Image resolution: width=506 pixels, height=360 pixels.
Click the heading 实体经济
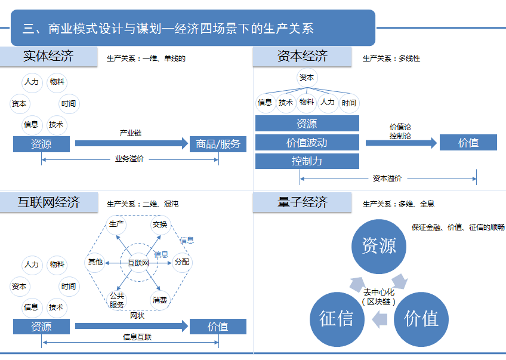tap(48, 57)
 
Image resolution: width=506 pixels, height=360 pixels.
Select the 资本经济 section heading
tap(303, 57)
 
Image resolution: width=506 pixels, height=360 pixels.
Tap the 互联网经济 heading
tap(48, 202)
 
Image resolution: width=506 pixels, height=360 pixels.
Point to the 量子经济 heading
tap(303, 202)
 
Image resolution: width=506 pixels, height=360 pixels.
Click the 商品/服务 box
tap(218, 144)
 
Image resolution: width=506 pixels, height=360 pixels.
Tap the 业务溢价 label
tap(129, 159)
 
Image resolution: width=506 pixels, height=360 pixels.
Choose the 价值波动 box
tap(307, 143)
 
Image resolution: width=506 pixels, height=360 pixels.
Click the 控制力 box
tap(307, 161)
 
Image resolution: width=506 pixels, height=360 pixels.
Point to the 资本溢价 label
tap(387, 178)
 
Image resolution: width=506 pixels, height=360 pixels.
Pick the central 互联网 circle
tap(138, 262)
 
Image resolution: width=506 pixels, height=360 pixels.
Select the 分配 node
tap(182, 262)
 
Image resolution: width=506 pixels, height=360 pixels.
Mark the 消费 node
tap(160, 300)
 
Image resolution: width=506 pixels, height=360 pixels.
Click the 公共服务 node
tap(116, 300)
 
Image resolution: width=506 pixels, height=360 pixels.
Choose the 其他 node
tap(95, 262)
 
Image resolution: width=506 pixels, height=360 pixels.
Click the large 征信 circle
tap(337, 318)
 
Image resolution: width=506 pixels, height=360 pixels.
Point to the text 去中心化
tap(379, 292)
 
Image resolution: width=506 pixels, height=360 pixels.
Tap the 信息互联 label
tap(137, 337)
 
